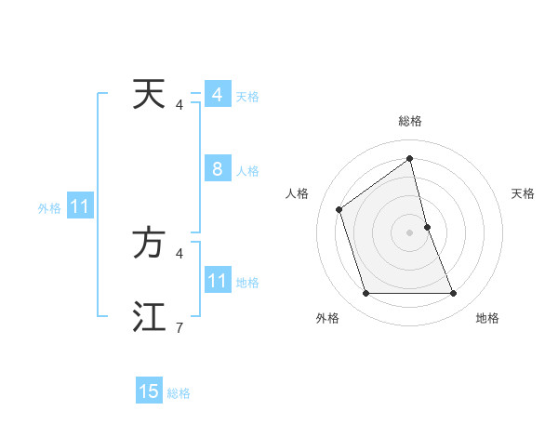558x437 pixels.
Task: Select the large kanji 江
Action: click(x=149, y=316)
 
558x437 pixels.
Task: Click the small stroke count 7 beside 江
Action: click(x=179, y=327)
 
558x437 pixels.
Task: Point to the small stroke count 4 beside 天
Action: click(x=179, y=105)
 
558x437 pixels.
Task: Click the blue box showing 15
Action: click(x=149, y=391)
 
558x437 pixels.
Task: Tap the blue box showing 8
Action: click(x=217, y=169)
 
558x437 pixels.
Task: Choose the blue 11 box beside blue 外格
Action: click(x=79, y=207)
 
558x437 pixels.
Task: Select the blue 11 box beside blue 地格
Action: click(x=217, y=281)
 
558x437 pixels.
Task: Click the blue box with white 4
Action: click(x=217, y=95)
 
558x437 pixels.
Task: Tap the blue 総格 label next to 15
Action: click(x=179, y=393)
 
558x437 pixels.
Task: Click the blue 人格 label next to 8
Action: click(x=247, y=171)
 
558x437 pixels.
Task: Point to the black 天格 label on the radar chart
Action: click(x=523, y=193)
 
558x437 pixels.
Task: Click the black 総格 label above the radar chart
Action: click(x=410, y=121)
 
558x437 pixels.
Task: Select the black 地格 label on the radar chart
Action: click(x=487, y=318)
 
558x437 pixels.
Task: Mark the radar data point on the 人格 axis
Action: click(x=339, y=209)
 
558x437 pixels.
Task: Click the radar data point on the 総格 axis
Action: click(x=410, y=158)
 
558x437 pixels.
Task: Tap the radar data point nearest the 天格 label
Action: click(x=427, y=227)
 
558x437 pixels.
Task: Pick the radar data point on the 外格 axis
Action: click(x=365, y=294)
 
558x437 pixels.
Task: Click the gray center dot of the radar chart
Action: click(x=410, y=232)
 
